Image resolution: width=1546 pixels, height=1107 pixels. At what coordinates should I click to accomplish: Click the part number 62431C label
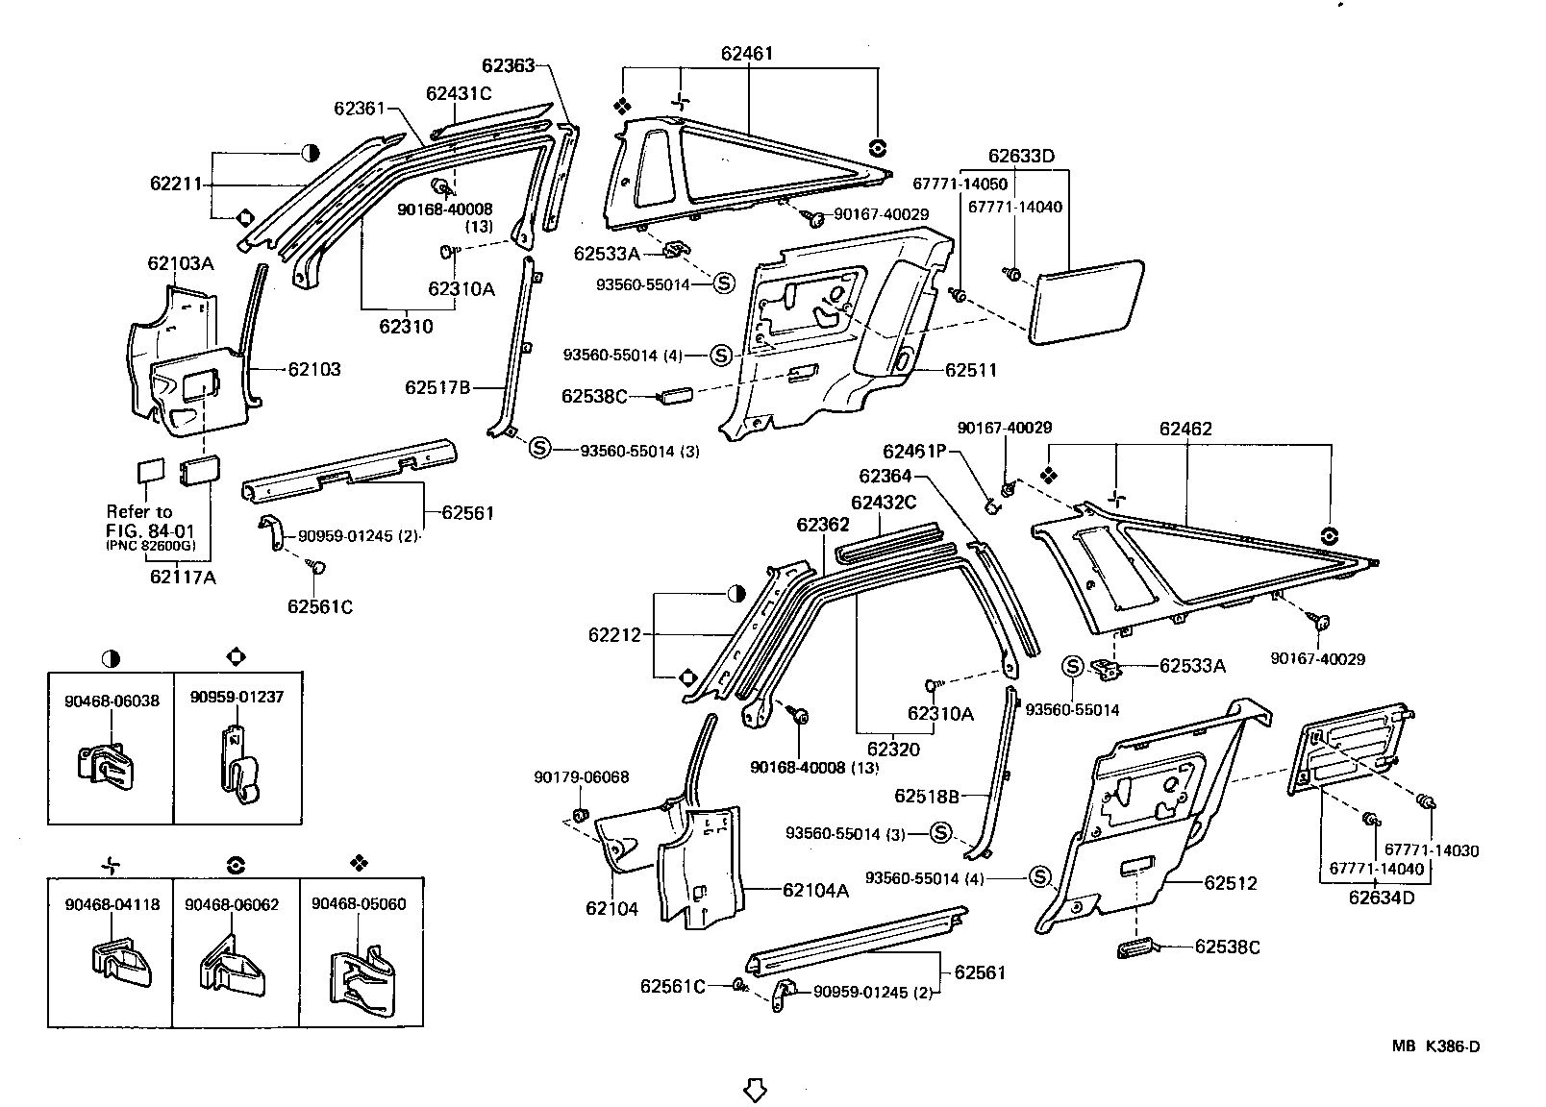pos(459,93)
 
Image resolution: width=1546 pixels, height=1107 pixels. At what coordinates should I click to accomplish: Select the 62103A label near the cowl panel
pos(181,262)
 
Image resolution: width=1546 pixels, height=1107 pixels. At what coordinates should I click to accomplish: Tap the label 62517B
pos(437,388)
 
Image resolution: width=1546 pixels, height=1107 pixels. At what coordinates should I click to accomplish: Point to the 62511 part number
pos(971,370)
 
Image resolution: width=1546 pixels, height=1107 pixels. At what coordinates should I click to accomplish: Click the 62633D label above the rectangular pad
pos(1021,157)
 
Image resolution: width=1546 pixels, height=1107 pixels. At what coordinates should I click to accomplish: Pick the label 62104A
pos(815,890)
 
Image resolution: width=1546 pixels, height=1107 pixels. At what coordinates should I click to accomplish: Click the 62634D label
pos(1382,898)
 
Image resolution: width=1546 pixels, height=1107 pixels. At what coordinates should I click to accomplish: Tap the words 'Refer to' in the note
pos(139,511)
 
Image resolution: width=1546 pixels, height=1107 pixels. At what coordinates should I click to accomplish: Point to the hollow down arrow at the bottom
pos(756,1090)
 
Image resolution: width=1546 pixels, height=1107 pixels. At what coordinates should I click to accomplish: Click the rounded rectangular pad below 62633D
pos(1086,301)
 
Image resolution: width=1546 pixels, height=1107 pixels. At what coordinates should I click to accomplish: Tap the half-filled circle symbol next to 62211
pos(311,153)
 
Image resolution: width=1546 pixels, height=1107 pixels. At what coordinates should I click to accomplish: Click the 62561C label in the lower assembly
pos(673,986)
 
